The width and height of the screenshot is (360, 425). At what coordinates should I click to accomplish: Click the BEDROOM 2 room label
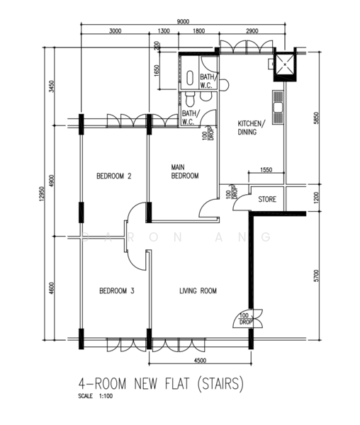[114, 176]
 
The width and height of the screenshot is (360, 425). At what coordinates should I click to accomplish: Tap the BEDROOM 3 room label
[117, 291]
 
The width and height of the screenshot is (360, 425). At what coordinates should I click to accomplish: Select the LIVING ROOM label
[198, 291]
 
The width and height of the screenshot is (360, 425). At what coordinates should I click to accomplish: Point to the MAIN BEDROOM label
[185, 171]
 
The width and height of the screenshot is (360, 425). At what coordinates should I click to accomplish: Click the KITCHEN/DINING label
[250, 127]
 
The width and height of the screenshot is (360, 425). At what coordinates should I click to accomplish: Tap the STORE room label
[267, 200]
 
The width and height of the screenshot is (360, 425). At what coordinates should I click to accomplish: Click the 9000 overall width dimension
[183, 22]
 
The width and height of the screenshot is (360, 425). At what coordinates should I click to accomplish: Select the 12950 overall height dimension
[41, 194]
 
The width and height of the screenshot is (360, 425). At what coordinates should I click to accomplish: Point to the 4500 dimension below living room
[200, 361]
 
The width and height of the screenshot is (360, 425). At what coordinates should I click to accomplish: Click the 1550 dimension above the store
[266, 170]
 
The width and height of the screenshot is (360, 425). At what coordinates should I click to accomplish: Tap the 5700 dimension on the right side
[316, 276]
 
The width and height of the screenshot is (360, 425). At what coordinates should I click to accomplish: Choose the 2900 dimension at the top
[252, 31]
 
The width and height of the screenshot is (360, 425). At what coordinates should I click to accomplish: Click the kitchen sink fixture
[278, 108]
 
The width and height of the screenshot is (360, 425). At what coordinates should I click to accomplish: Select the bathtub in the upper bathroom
[190, 78]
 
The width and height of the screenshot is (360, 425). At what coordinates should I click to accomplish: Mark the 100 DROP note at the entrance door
[244, 319]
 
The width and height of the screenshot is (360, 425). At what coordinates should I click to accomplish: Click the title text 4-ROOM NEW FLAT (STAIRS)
[161, 383]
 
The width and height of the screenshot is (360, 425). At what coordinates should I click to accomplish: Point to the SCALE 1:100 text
[96, 396]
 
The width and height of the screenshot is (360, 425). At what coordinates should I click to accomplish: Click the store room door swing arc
[239, 200]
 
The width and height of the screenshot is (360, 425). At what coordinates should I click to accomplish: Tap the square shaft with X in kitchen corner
[285, 64]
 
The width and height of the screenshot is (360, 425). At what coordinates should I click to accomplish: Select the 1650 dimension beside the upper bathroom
[157, 70]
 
